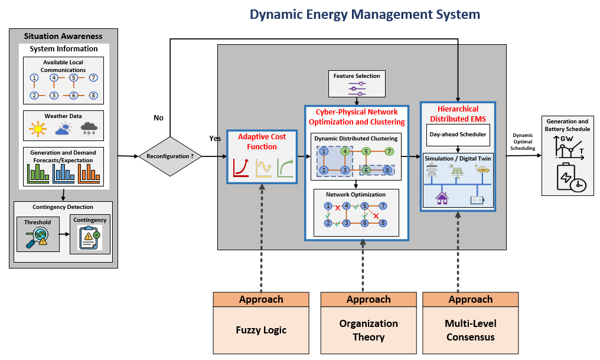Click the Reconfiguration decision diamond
click(170, 156)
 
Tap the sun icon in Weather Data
click(38, 129)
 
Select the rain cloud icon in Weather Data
click(89, 129)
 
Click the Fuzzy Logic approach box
click(261, 323)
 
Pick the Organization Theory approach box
click(369, 323)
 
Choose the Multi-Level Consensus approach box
click(471, 323)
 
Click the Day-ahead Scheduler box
click(458, 135)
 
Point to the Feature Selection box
click(357, 83)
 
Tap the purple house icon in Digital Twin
click(442, 198)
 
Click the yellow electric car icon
click(482, 169)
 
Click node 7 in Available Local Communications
click(93, 78)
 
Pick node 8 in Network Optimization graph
click(383, 223)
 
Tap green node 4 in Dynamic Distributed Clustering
click(345, 152)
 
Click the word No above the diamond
click(158, 118)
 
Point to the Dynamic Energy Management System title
click(365, 15)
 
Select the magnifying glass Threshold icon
click(37, 238)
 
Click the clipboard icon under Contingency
click(90, 238)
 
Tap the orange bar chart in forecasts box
click(89, 174)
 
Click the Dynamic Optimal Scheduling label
click(523, 142)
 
